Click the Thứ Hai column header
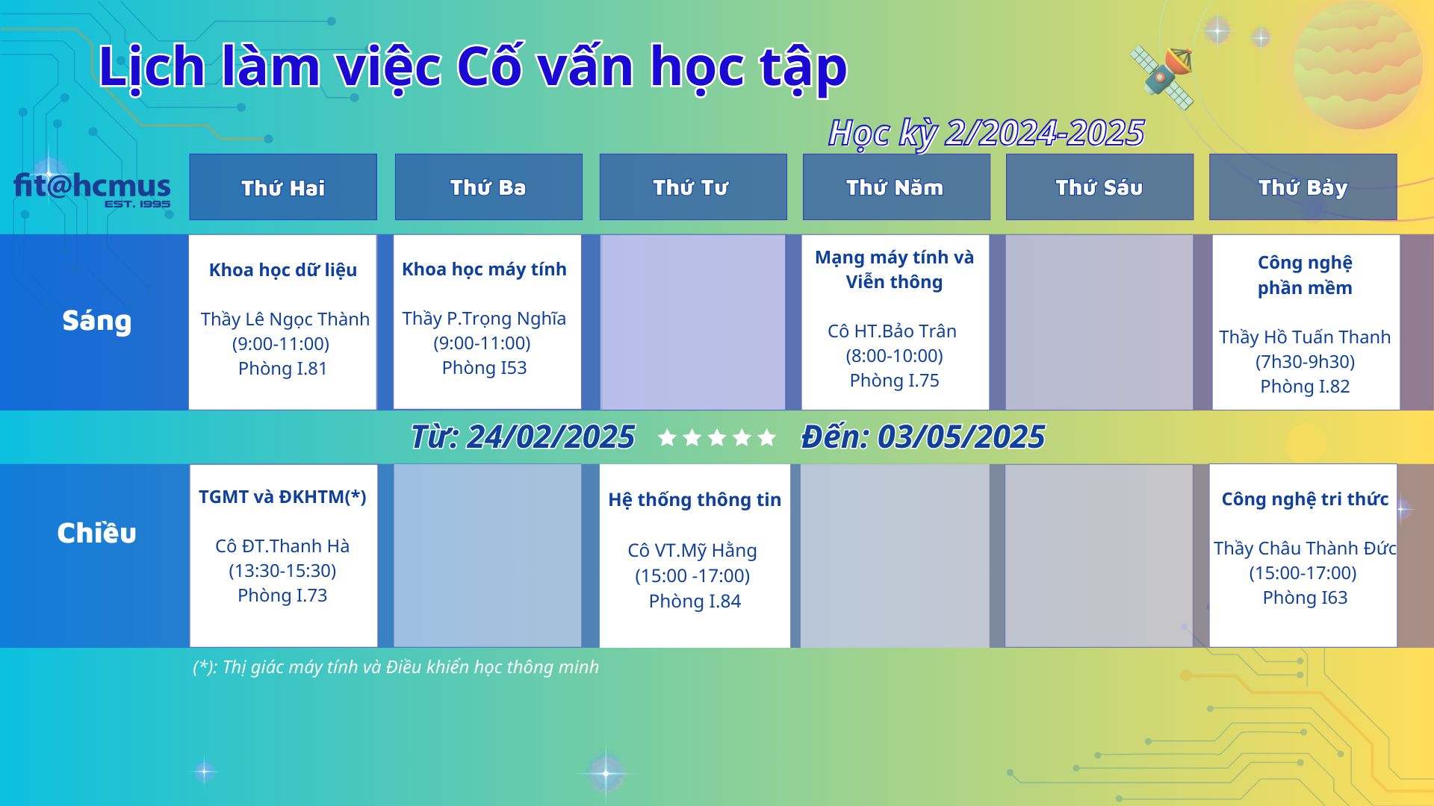[283, 187]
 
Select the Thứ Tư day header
[692, 187]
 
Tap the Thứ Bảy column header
[1303, 187]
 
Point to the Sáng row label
[97, 321]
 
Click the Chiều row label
[97, 533]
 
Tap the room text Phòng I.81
[282, 369]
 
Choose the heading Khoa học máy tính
[484, 269]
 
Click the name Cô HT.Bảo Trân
[892, 331]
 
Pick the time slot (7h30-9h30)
[1305, 362]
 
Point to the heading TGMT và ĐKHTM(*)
[282, 497]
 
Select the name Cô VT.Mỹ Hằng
[692, 551]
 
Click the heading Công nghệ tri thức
[1305, 499]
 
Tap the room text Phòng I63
[1305, 598]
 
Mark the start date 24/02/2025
[550, 437]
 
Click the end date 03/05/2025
[960, 437]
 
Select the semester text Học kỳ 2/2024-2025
[986, 134]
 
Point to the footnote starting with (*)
[396, 667]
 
